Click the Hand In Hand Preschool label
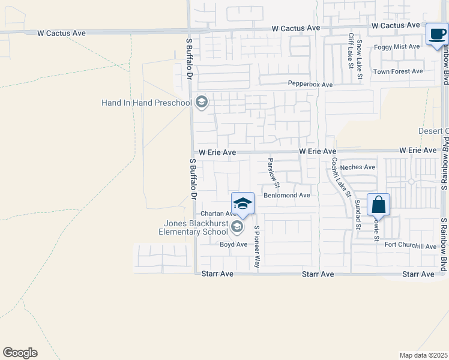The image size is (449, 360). tap(146, 103)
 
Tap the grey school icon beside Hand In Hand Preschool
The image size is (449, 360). tap(202, 103)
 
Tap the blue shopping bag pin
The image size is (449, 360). tap(379, 205)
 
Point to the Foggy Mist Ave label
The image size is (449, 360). tap(397, 46)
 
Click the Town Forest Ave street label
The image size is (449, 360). tap(398, 71)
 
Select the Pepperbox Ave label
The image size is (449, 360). tap(310, 85)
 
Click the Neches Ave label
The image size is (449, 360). tap(357, 167)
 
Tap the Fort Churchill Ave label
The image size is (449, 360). tap(411, 245)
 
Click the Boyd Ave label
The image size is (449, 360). tap(234, 244)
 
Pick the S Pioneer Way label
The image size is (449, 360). tap(257, 247)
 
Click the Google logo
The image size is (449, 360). tap(20, 353)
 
